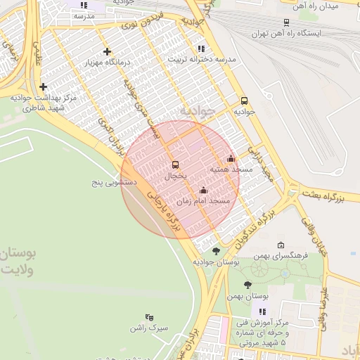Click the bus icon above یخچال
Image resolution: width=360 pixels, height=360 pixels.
(x=175, y=165)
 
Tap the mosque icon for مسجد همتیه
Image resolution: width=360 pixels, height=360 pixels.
(x=231, y=158)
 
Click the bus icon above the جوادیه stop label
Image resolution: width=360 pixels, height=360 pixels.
(x=244, y=101)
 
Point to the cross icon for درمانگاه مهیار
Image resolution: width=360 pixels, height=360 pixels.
(x=107, y=51)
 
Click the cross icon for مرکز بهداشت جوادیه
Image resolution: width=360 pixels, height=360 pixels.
(x=44, y=87)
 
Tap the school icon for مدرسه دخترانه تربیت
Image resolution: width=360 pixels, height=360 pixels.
(x=202, y=49)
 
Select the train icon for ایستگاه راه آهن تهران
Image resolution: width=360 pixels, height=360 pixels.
(x=286, y=22)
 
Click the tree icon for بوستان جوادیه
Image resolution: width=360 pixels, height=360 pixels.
(x=216, y=250)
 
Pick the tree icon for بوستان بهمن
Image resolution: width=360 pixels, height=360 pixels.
(x=247, y=285)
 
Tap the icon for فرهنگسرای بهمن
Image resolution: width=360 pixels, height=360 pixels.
(x=281, y=245)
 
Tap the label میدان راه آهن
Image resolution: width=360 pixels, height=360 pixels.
(x=319, y=6)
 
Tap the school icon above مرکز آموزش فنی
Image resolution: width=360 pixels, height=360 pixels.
(x=263, y=311)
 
